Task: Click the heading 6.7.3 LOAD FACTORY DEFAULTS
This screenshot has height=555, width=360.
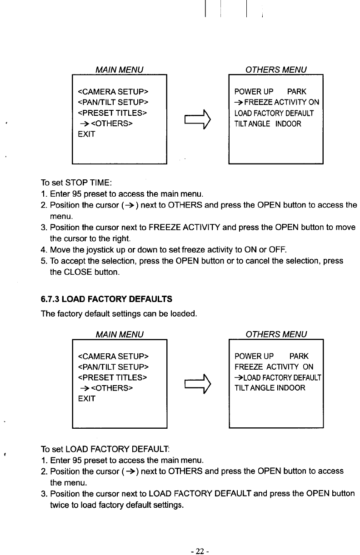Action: (106, 299)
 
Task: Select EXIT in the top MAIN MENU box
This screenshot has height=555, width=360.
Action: (86, 134)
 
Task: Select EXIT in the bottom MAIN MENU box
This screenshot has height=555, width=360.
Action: (86, 399)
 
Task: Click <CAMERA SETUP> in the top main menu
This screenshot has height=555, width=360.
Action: (114, 90)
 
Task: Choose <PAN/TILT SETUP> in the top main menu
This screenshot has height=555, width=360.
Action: (114, 101)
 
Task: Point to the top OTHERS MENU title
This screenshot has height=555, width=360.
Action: (275, 69)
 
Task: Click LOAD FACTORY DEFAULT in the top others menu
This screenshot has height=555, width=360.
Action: (274, 113)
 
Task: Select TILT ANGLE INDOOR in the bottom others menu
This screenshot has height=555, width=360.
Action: (270, 388)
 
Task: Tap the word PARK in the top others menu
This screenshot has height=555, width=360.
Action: (297, 92)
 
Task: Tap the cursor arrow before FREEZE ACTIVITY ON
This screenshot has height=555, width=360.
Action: (239, 102)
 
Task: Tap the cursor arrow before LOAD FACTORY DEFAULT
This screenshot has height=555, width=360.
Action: (238, 377)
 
